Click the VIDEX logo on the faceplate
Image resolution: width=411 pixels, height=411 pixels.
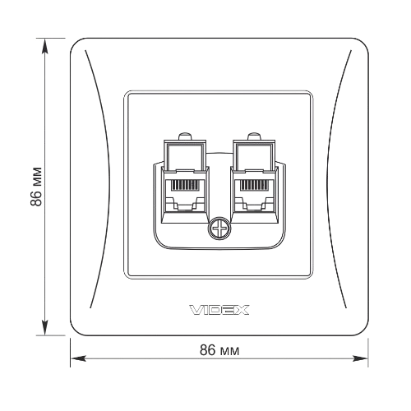click(219, 310)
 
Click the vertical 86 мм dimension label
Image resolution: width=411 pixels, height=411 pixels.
click(36, 186)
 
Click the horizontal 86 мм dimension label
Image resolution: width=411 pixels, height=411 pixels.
click(219, 350)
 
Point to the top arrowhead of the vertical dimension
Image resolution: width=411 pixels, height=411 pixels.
click(44, 46)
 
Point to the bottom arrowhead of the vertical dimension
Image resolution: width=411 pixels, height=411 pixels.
click(44, 327)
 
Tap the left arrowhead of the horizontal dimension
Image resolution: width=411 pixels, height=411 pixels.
click(78, 358)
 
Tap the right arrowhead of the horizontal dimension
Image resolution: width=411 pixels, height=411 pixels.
click(360, 358)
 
